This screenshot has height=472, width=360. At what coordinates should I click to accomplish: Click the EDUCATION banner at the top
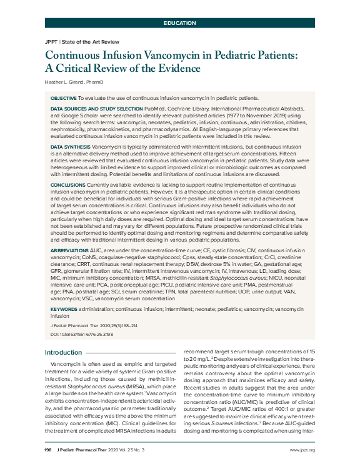(x=179, y=23)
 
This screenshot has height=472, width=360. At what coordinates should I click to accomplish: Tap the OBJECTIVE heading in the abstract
(x=63, y=99)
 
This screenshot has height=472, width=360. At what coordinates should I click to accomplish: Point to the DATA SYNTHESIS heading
(x=69, y=146)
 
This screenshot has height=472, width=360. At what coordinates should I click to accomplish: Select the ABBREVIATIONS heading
(x=71, y=249)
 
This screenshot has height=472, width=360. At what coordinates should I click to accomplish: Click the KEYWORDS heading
(x=64, y=308)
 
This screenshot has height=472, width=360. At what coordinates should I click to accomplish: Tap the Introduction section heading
(x=63, y=353)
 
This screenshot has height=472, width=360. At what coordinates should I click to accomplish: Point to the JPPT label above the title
(x=51, y=42)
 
